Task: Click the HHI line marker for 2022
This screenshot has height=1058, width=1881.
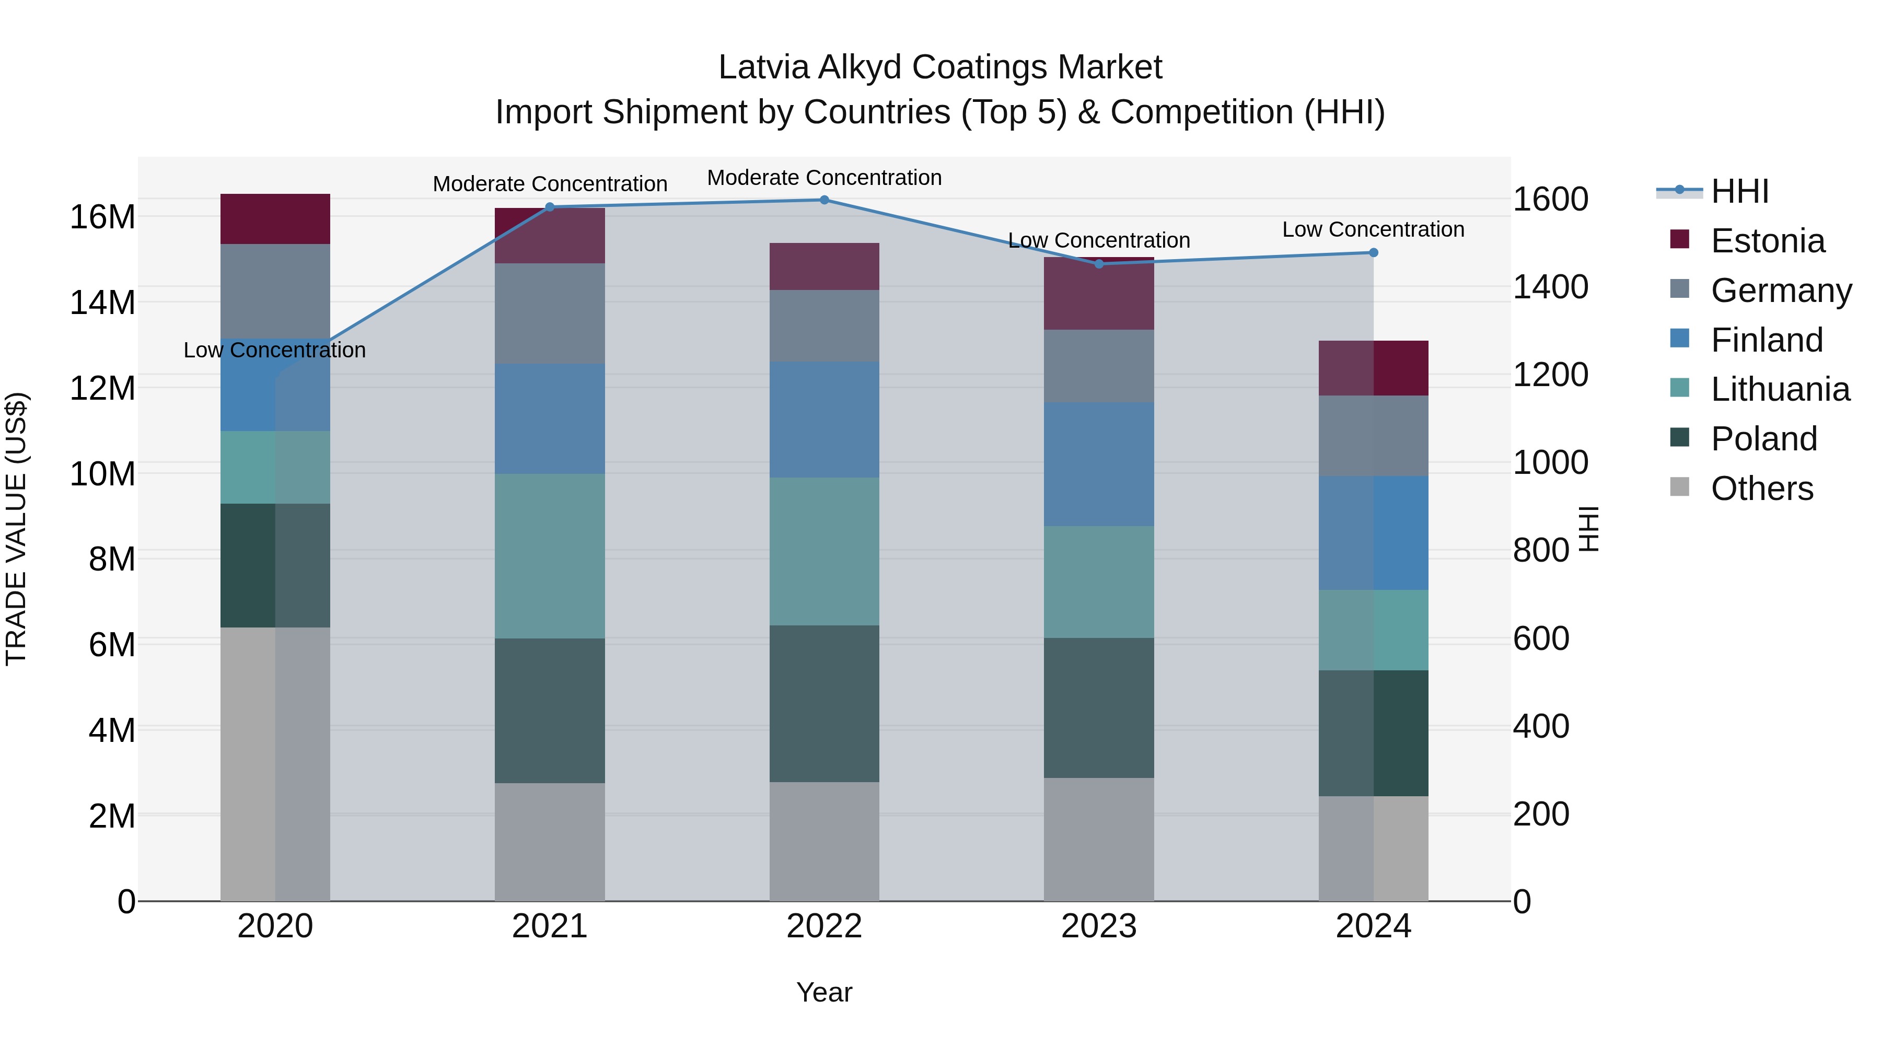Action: point(825,200)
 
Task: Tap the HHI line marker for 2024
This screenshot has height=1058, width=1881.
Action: point(1374,253)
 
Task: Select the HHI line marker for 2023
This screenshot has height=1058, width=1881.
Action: point(1099,264)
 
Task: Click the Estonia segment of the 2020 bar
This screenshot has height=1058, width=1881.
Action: point(275,219)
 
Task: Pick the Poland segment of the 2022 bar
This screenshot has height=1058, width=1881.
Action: point(825,704)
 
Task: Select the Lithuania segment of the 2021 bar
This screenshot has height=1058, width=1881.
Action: point(550,556)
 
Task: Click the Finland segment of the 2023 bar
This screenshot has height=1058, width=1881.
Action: point(1099,464)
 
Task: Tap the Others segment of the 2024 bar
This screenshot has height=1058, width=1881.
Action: point(1374,848)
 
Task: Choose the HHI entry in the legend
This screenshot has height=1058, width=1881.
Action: point(1739,191)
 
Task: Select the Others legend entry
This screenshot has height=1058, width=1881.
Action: point(1761,489)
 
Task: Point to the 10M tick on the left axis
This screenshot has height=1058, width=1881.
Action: point(102,474)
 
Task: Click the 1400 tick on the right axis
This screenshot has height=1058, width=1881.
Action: point(1550,287)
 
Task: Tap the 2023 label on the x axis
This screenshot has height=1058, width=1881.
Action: point(1099,926)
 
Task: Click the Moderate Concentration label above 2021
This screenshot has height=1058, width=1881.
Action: point(550,184)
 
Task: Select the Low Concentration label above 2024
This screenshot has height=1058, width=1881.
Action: point(1374,229)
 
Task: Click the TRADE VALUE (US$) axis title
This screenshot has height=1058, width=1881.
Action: point(17,529)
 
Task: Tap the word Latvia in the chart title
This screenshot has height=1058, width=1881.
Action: point(764,67)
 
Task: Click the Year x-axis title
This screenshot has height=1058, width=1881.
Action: point(825,992)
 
